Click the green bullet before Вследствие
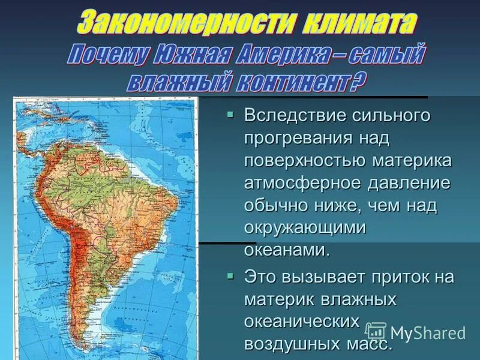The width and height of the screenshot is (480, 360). coord(230,114)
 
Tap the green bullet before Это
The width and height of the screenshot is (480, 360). coord(230,276)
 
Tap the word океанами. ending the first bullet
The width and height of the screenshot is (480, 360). coord(287,250)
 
